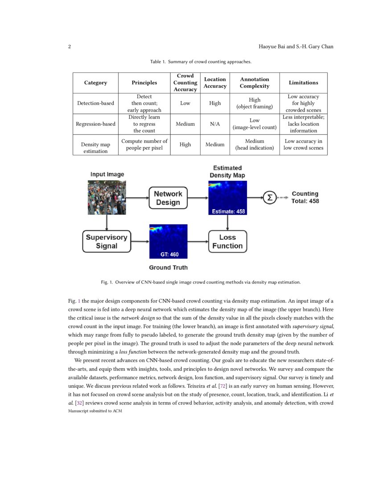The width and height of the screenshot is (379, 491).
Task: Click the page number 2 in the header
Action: [70, 47]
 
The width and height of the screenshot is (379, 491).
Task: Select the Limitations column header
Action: [303, 83]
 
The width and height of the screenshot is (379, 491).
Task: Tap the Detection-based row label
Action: [95, 103]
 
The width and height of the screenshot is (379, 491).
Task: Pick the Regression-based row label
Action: [95, 124]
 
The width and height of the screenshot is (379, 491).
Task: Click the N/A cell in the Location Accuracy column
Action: [214, 124]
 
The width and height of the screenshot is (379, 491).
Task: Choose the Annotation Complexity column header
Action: [255, 83]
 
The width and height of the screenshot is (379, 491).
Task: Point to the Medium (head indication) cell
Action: [255, 144]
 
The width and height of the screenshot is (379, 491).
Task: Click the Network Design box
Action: [168, 198]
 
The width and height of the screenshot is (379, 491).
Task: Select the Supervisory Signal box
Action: [107, 241]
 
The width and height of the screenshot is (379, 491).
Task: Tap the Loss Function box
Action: [227, 241]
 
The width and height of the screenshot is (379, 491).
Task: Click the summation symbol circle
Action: [269, 197]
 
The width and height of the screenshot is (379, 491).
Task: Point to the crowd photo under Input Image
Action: [107, 197]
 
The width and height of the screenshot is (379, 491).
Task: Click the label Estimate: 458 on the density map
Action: [227, 211]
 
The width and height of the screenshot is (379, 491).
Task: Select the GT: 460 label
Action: [169, 254]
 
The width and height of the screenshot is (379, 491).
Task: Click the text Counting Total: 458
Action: [305, 197]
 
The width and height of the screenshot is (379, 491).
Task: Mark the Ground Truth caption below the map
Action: [168, 267]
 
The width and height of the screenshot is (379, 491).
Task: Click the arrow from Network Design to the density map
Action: [198, 197]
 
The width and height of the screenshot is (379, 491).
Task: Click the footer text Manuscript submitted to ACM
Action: [95, 411]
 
